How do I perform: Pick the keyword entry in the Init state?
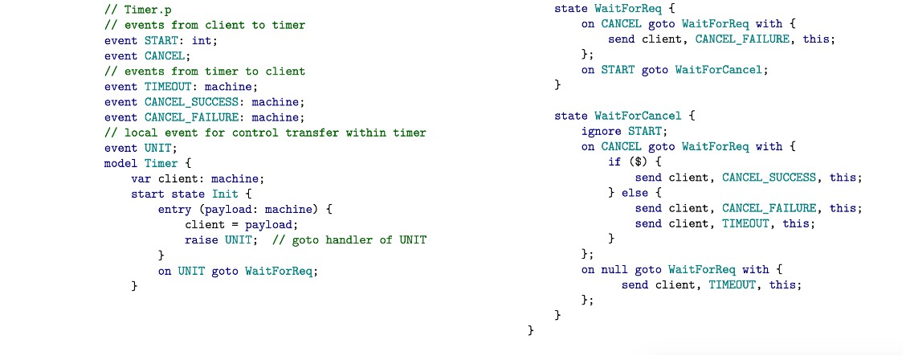tap(174, 209)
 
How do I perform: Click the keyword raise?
tap(201, 239)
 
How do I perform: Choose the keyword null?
tap(614, 269)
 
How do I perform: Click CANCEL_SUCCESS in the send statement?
tap(769, 177)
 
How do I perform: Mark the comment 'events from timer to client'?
tap(205, 71)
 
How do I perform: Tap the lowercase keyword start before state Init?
tap(147, 194)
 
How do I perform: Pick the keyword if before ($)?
tap(614, 162)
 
